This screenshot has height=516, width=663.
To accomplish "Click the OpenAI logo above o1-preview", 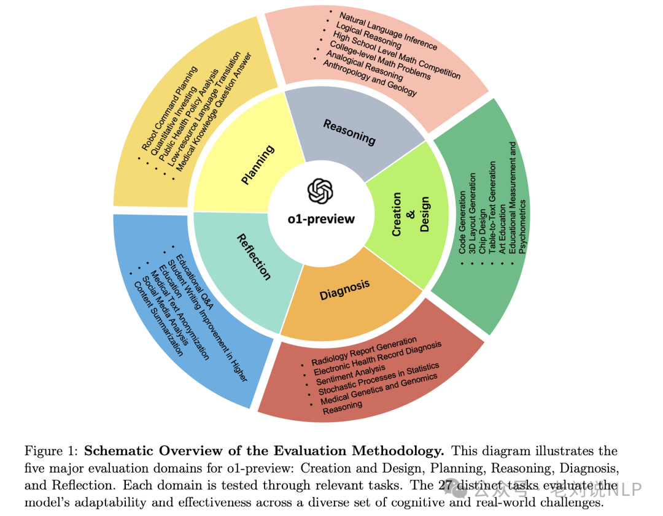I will [320, 191].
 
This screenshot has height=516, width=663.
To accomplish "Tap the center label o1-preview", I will [321, 219].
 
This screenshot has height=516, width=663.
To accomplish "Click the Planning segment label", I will [258, 164].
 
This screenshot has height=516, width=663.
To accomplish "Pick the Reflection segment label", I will [254, 256].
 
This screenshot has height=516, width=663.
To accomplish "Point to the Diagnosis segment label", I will [344, 290].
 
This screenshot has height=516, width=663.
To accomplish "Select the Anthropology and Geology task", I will [370, 80].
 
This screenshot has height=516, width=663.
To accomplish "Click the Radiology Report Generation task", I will [364, 351].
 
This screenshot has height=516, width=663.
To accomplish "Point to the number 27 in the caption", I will [447, 485].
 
